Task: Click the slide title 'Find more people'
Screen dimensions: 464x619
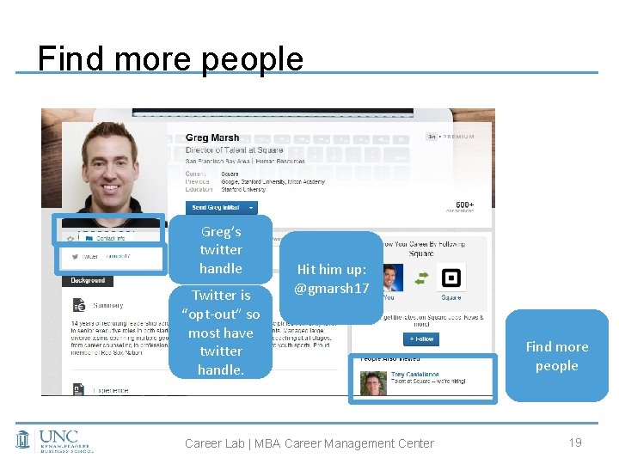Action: click(x=170, y=58)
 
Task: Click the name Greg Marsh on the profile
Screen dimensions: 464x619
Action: click(x=212, y=137)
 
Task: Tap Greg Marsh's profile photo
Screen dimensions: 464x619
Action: click(x=109, y=167)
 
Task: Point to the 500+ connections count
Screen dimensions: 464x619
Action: click(x=464, y=205)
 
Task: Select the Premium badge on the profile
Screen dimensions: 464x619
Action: click(x=451, y=137)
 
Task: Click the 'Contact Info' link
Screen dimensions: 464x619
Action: click(x=110, y=237)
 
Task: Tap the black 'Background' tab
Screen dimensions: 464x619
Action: click(x=88, y=280)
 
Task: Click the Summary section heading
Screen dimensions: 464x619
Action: click(x=108, y=305)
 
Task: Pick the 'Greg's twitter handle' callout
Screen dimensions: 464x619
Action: click(x=221, y=250)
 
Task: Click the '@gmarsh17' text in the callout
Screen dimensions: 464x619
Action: click(x=331, y=289)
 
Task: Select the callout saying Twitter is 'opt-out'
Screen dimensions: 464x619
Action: click(x=221, y=332)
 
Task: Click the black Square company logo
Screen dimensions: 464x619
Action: click(x=450, y=278)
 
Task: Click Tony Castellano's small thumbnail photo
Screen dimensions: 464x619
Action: click(x=374, y=382)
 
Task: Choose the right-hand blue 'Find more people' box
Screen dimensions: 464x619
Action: click(x=556, y=356)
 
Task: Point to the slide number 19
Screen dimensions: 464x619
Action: click(x=575, y=442)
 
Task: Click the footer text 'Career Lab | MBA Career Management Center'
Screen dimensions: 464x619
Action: click(x=309, y=443)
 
